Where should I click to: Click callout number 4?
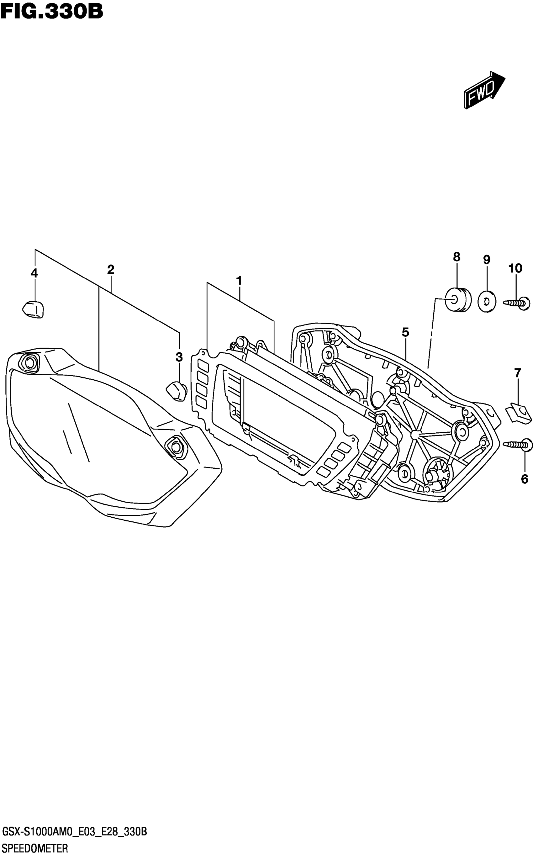tap(34, 273)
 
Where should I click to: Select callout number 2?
tap(111, 270)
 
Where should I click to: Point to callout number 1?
tap(239, 281)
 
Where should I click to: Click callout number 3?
tap(179, 357)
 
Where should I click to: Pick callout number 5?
tap(405, 332)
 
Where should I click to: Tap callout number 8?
tap(456, 257)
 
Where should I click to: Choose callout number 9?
tap(487, 260)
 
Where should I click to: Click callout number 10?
tap(515, 268)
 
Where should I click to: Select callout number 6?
tap(525, 479)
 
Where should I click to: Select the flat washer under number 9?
tap(487, 302)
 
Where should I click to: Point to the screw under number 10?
tap(517, 303)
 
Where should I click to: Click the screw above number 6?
tap(518, 445)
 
